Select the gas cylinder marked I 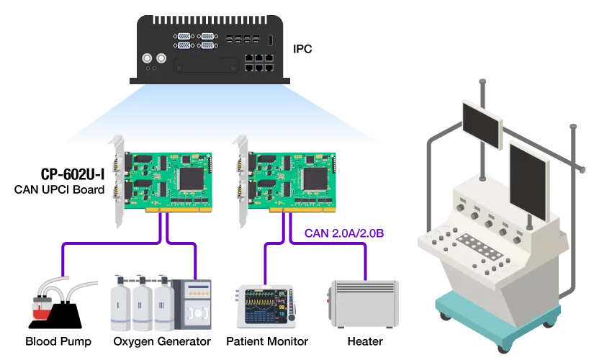coord(120,302)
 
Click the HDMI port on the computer coord(270,40)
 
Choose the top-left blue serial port coord(184,35)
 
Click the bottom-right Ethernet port coord(268,69)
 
